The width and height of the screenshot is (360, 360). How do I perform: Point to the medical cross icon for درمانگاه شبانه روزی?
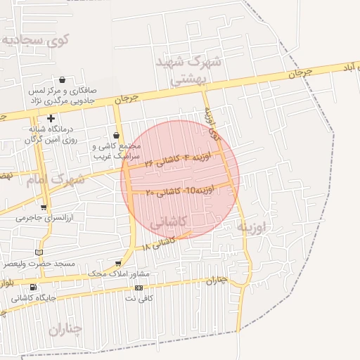[x=51, y=118]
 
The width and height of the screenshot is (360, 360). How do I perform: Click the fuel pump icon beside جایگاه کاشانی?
[x=33, y=287]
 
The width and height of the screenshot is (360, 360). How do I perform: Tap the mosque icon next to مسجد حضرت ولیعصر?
[x=39, y=252]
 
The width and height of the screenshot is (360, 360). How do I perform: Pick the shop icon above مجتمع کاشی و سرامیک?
[x=117, y=135]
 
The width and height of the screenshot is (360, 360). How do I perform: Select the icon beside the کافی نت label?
[x=139, y=288]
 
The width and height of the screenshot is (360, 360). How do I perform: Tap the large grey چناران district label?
[x=65, y=328]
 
